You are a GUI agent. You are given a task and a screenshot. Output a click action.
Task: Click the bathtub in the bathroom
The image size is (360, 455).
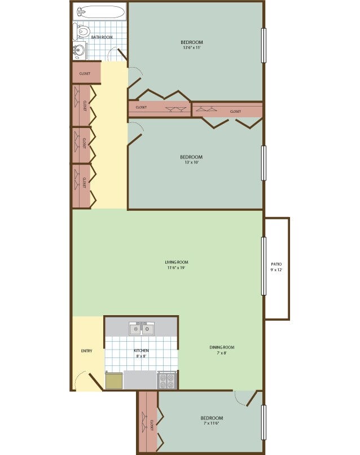[x=101, y=12]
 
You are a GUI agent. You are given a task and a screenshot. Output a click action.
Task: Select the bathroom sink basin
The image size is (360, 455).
[x=78, y=51]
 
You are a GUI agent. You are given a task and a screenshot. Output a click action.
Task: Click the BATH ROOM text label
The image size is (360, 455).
[x=102, y=37]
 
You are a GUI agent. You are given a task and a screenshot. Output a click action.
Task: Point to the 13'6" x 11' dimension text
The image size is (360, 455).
[x=192, y=48]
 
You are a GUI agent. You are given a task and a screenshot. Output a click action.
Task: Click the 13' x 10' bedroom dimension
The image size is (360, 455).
[x=191, y=162]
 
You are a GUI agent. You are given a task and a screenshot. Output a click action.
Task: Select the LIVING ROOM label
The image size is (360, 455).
[x=177, y=262]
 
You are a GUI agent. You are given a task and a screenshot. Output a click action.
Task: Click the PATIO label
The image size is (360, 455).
[x=276, y=264]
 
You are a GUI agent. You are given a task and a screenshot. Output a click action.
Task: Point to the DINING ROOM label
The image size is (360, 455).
[x=222, y=347]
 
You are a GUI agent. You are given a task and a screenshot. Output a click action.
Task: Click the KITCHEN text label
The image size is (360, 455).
[x=141, y=351]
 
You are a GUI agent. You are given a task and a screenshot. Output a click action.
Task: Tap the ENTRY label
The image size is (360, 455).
[x=86, y=351]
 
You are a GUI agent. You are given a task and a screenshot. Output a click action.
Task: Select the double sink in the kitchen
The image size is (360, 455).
[x=141, y=328]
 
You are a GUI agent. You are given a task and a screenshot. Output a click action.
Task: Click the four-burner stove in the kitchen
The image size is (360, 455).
[x=168, y=380]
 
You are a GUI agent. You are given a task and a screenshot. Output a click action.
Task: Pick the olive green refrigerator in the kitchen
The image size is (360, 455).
[x=114, y=381]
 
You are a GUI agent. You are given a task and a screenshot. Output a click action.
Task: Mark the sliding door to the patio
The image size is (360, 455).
[x=264, y=266]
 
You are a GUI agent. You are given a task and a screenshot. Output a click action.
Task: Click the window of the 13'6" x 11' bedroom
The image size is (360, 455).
[x=264, y=46]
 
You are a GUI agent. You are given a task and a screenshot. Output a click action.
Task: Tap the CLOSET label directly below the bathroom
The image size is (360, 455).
[x=85, y=73]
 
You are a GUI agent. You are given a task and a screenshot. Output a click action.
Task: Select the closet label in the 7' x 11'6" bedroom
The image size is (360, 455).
[x=152, y=425]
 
